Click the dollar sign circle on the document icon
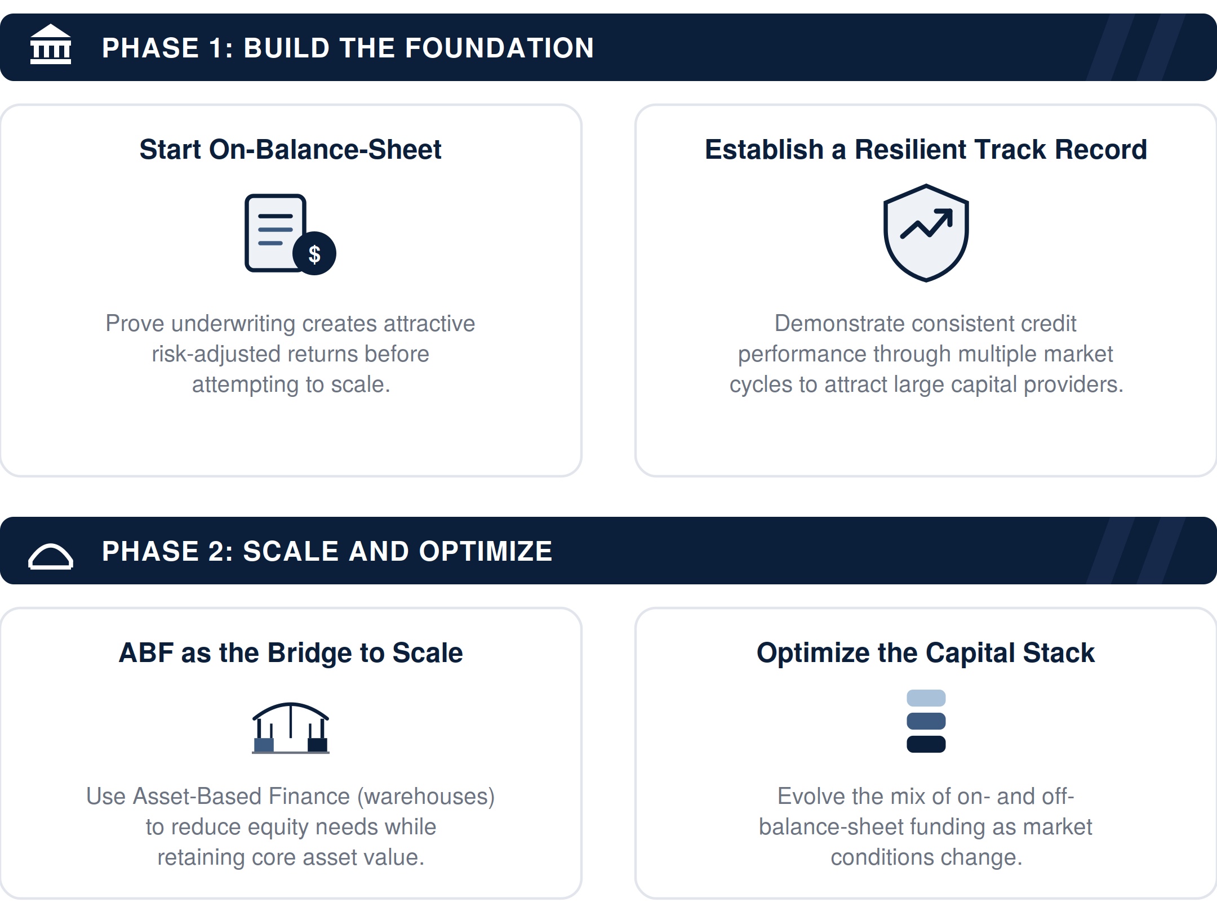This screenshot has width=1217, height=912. [314, 253]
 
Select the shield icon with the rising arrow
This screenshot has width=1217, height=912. [926, 233]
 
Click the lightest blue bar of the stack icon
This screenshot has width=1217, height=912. [926, 698]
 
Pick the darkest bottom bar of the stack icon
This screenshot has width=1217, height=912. [926, 744]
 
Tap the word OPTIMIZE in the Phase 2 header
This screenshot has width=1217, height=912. [485, 551]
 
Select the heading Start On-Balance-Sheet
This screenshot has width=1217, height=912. [290, 150]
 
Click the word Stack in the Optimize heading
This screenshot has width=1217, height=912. [1059, 653]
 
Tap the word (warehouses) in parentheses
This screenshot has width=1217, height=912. [426, 797]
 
